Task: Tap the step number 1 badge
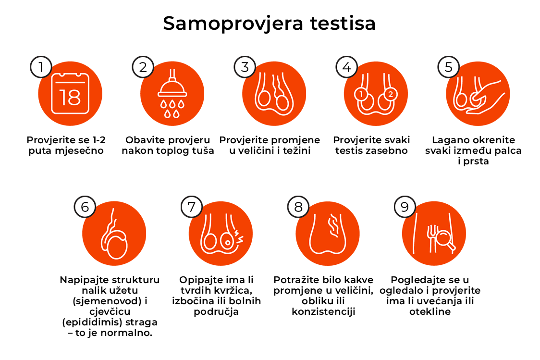41,67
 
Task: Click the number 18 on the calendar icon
70,98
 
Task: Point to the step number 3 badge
245,67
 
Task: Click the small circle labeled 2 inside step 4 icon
390,94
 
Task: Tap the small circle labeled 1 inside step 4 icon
360,94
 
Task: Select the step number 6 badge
85,207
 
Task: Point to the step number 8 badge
298,207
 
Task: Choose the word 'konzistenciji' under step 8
323,311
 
